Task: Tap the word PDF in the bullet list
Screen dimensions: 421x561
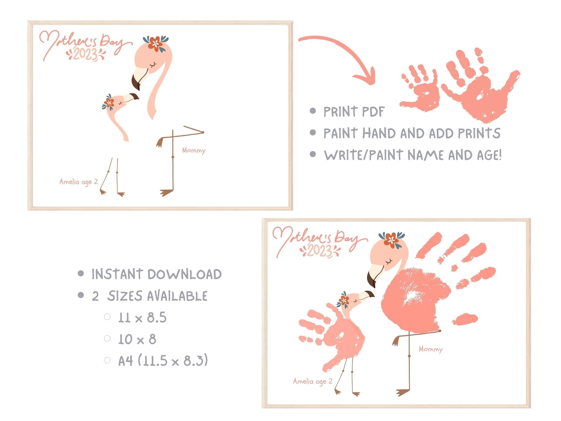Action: [373, 112]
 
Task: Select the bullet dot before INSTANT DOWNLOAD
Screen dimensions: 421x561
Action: [81, 274]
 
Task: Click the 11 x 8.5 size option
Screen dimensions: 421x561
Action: [142, 317]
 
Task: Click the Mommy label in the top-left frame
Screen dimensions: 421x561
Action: [194, 151]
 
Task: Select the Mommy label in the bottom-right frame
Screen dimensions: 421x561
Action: [430, 349]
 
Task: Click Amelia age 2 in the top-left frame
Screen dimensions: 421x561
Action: [79, 182]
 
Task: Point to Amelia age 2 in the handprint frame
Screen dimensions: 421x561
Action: [312, 381]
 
